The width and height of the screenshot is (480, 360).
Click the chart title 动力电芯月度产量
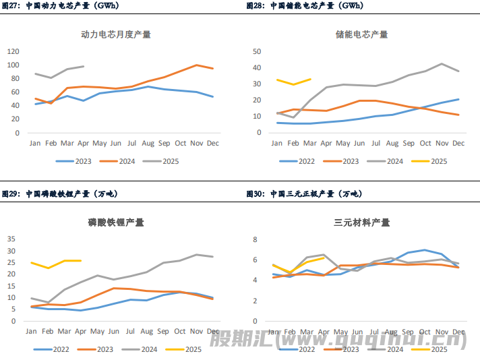pyautogui.click(x=115, y=34)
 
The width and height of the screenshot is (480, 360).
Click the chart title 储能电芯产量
pyautogui.click(x=361, y=34)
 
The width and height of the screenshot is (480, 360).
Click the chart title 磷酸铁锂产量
pyautogui.click(x=115, y=222)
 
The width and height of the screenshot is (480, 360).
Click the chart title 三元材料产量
pyautogui.click(x=361, y=222)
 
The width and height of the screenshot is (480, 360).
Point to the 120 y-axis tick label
pyautogui.click(x=13, y=51)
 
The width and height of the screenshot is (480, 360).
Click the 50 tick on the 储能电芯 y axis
pyautogui.click(x=257, y=51)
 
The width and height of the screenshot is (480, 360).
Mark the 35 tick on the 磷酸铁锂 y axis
pyautogui.click(x=11, y=239)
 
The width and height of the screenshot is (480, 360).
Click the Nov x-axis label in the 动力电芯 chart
pyautogui.click(x=196, y=143)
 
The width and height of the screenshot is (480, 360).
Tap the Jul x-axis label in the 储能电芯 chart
pyautogui.click(x=376, y=143)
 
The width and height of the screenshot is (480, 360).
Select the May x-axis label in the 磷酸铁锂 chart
pyautogui.click(x=98, y=331)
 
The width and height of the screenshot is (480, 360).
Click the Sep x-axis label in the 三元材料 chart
pyautogui.click(x=409, y=331)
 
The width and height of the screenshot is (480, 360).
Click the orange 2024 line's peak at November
pyautogui.click(x=196, y=65)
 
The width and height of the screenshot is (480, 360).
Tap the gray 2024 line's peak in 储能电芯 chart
pyautogui.click(x=442, y=64)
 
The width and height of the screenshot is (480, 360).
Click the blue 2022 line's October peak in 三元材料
pyautogui.click(x=425, y=250)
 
